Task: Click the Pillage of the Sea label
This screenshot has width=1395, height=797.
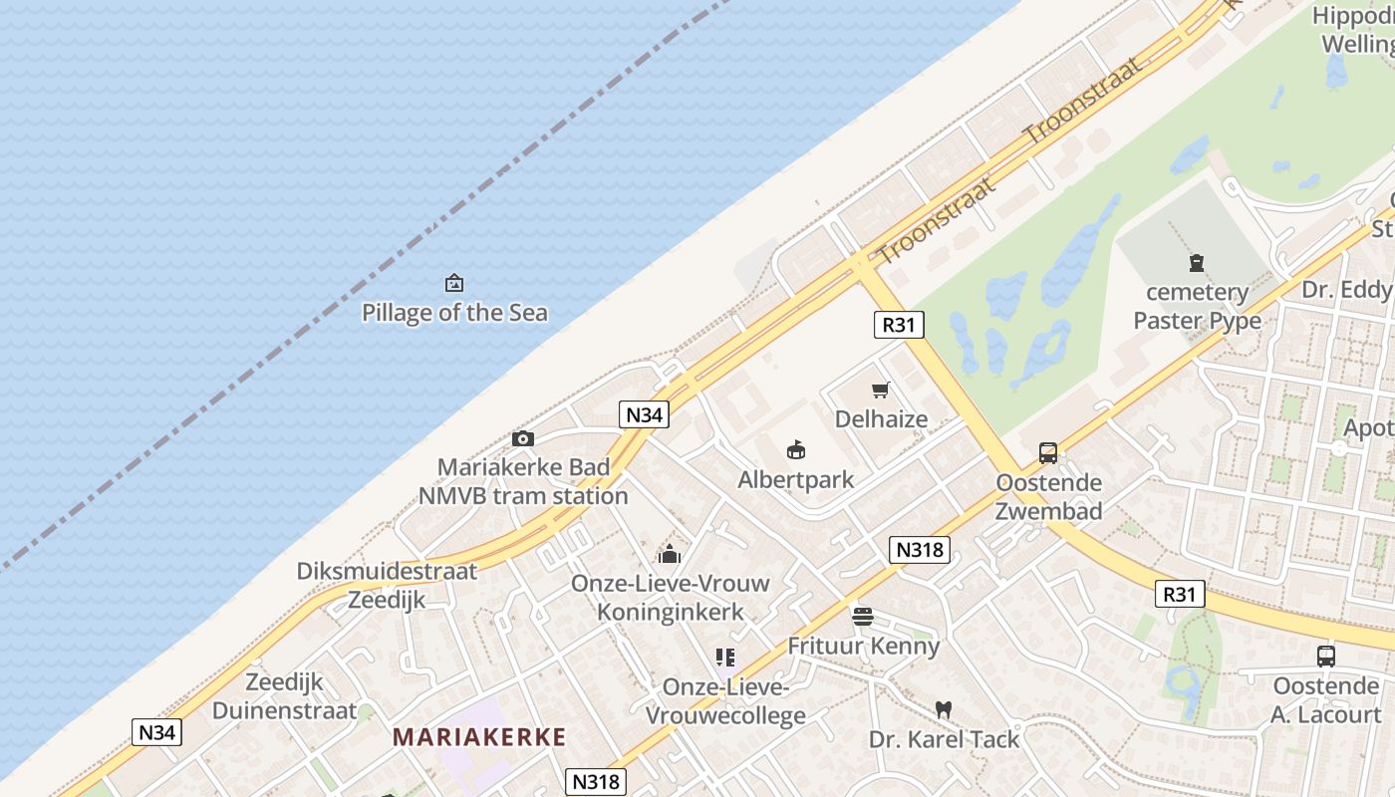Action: (454, 313)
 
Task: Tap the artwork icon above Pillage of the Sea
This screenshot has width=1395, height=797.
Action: (454, 284)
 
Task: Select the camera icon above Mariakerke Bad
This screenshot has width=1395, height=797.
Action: (522, 438)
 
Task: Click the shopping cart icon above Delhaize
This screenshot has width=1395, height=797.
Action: (880, 390)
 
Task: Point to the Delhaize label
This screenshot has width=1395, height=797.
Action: (881, 419)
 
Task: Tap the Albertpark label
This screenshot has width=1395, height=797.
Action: (795, 480)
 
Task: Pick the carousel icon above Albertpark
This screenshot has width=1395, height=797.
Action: (795, 451)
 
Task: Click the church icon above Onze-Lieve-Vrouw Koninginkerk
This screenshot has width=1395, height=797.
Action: (670, 554)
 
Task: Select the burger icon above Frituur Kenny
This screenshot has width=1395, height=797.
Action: (863, 617)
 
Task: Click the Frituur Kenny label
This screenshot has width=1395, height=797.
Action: (863, 646)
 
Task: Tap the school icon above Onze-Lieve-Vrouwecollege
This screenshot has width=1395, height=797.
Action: (725, 658)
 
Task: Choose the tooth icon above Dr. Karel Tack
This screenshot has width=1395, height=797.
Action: (943, 710)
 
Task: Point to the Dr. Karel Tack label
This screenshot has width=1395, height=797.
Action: (944, 739)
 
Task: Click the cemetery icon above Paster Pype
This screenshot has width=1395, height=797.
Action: (1197, 263)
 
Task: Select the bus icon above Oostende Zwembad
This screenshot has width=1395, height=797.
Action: (1048, 453)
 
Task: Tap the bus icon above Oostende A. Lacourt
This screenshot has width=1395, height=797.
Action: (1325, 657)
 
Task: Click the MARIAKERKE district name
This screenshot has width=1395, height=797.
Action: (479, 738)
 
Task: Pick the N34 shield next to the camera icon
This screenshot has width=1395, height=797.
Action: (643, 414)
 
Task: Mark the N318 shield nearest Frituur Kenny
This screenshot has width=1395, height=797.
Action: (919, 550)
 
